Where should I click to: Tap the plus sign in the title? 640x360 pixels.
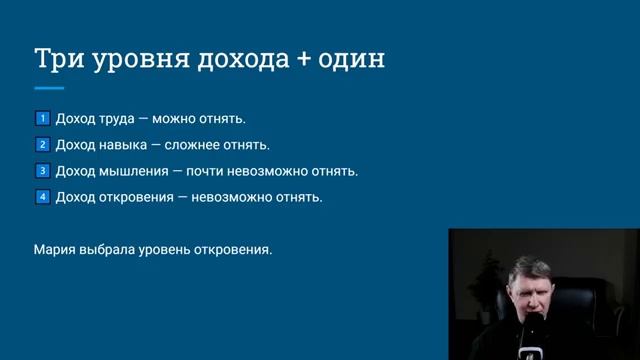(x=305, y=59)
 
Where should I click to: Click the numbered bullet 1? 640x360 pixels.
(x=42, y=119)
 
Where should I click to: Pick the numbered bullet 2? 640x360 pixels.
(x=42, y=145)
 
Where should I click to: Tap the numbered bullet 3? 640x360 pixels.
(x=42, y=171)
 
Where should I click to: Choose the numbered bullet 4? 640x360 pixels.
(x=42, y=197)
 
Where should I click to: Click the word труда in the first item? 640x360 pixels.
(x=117, y=119)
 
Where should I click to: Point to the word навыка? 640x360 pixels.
(x=124, y=145)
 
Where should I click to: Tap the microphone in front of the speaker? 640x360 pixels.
(x=537, y=335)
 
